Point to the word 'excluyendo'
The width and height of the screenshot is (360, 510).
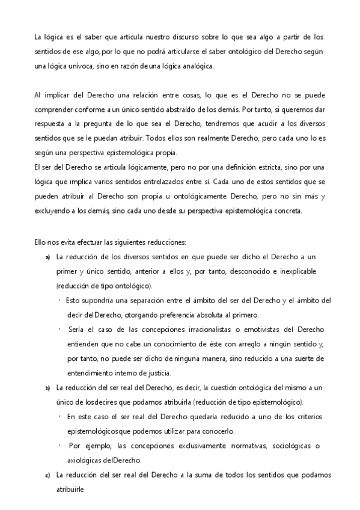click(x=52, y=210)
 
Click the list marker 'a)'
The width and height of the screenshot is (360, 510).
click(x=48, y=257)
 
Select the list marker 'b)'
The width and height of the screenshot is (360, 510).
click(x=48, y=387)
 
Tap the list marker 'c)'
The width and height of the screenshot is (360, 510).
click(x=48, y=476)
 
